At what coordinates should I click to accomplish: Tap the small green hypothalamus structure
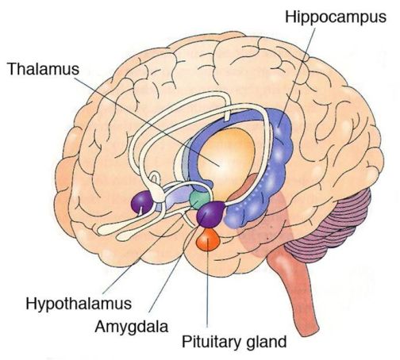click(200, 198)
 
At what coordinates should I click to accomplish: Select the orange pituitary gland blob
click(207, 239)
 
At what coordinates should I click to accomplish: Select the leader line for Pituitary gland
click(208, 293)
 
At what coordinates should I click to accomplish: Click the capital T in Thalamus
click(10, 69)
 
